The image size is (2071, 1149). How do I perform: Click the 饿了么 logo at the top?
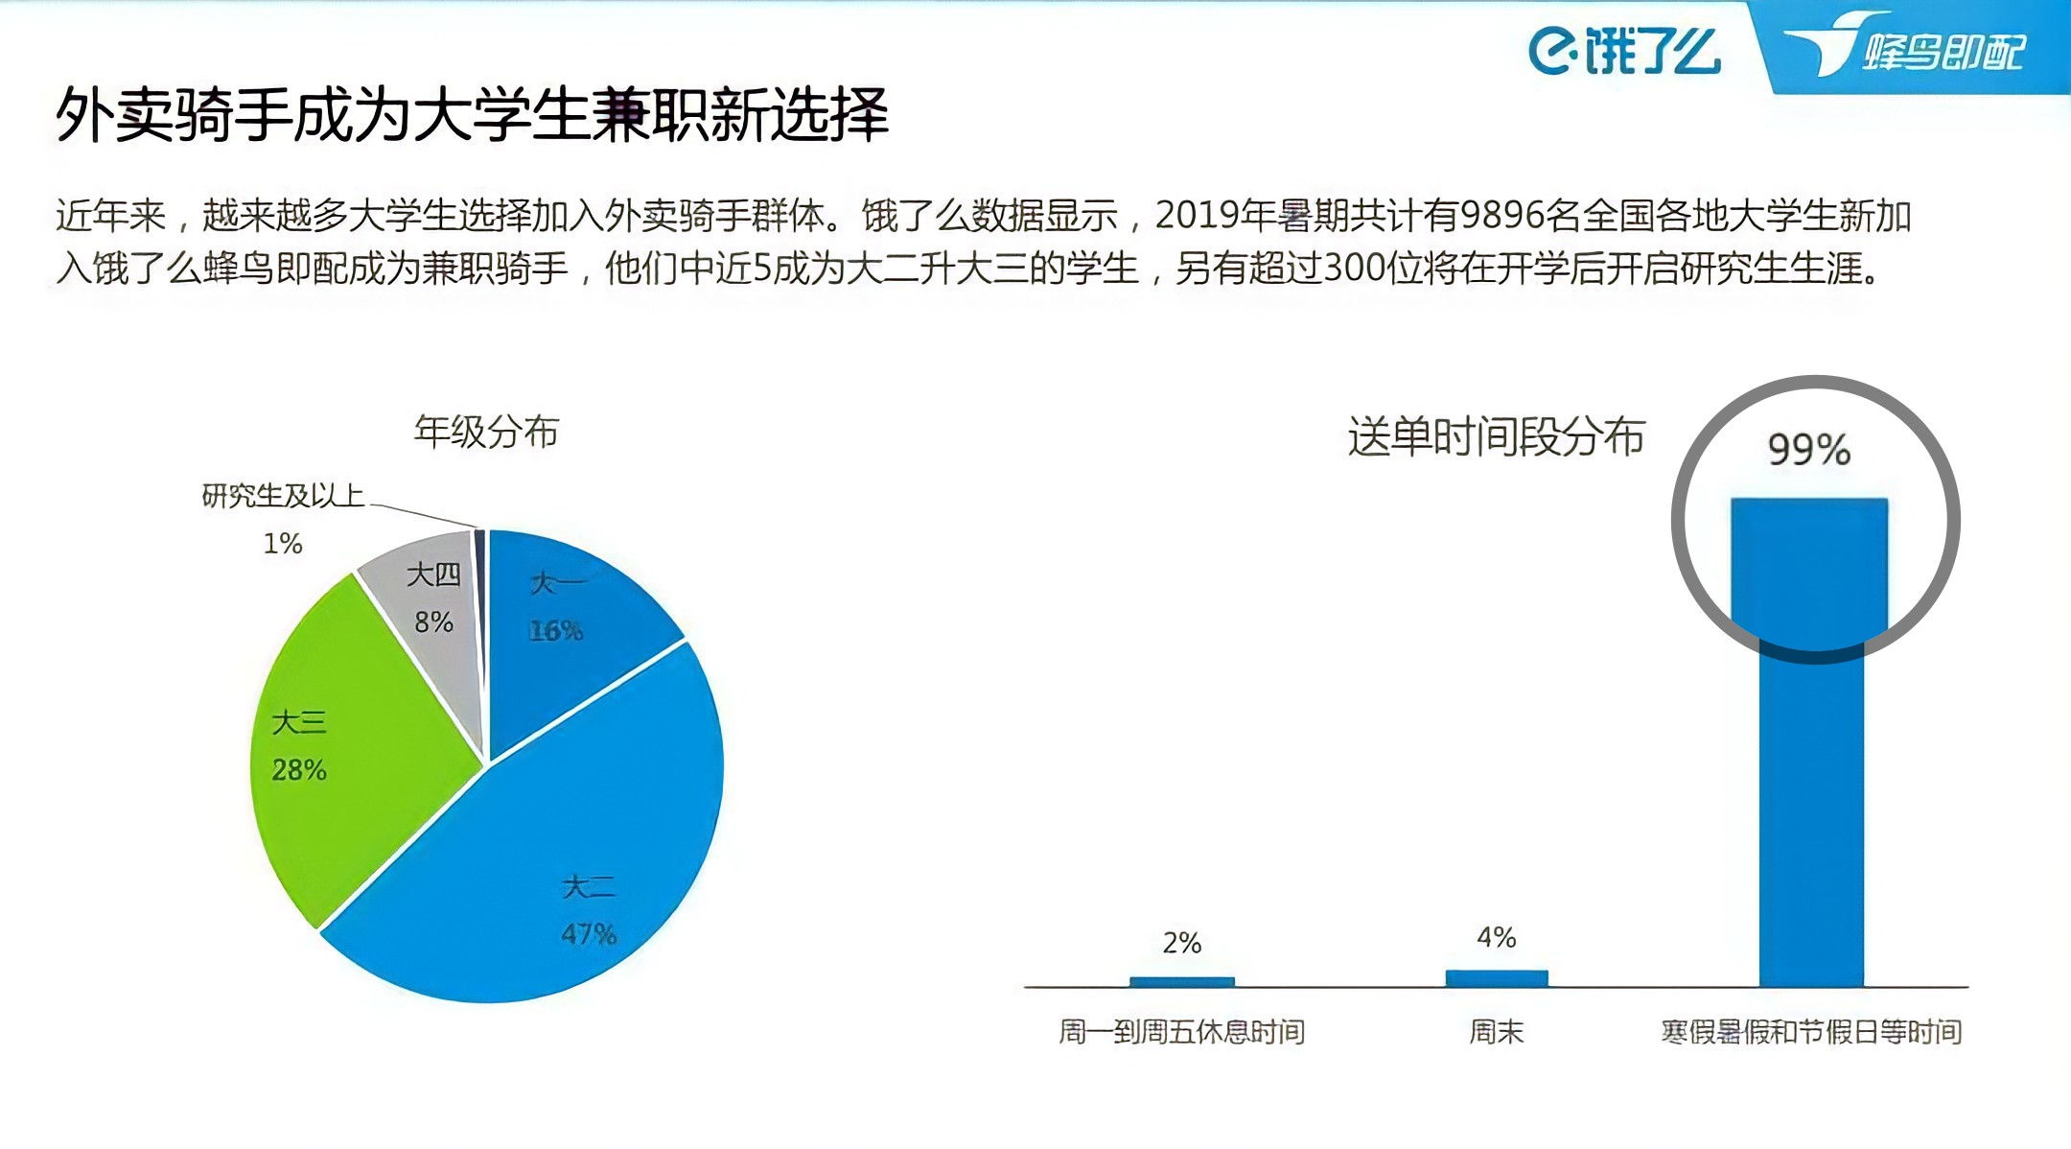point(1623,50)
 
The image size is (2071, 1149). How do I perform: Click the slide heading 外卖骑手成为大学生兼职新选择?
point(472,114)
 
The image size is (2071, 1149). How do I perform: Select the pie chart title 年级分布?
point(486,432)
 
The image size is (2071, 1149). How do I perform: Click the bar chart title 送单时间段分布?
point(1496,436)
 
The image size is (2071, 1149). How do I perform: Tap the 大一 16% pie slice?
point(566,623)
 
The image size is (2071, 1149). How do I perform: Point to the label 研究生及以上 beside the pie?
point(283,496)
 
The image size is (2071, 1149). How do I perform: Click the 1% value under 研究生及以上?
point(283,544)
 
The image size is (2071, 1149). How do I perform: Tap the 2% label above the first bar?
point(1181,943)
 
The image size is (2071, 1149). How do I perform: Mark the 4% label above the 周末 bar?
point(1496,937)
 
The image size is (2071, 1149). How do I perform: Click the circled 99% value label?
point(1808,450)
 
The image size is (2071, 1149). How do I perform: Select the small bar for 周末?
point(1496,978)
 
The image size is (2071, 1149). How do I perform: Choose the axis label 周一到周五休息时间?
point(1181,1032)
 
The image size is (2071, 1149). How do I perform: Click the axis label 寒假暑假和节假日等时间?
point(1810,1032)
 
